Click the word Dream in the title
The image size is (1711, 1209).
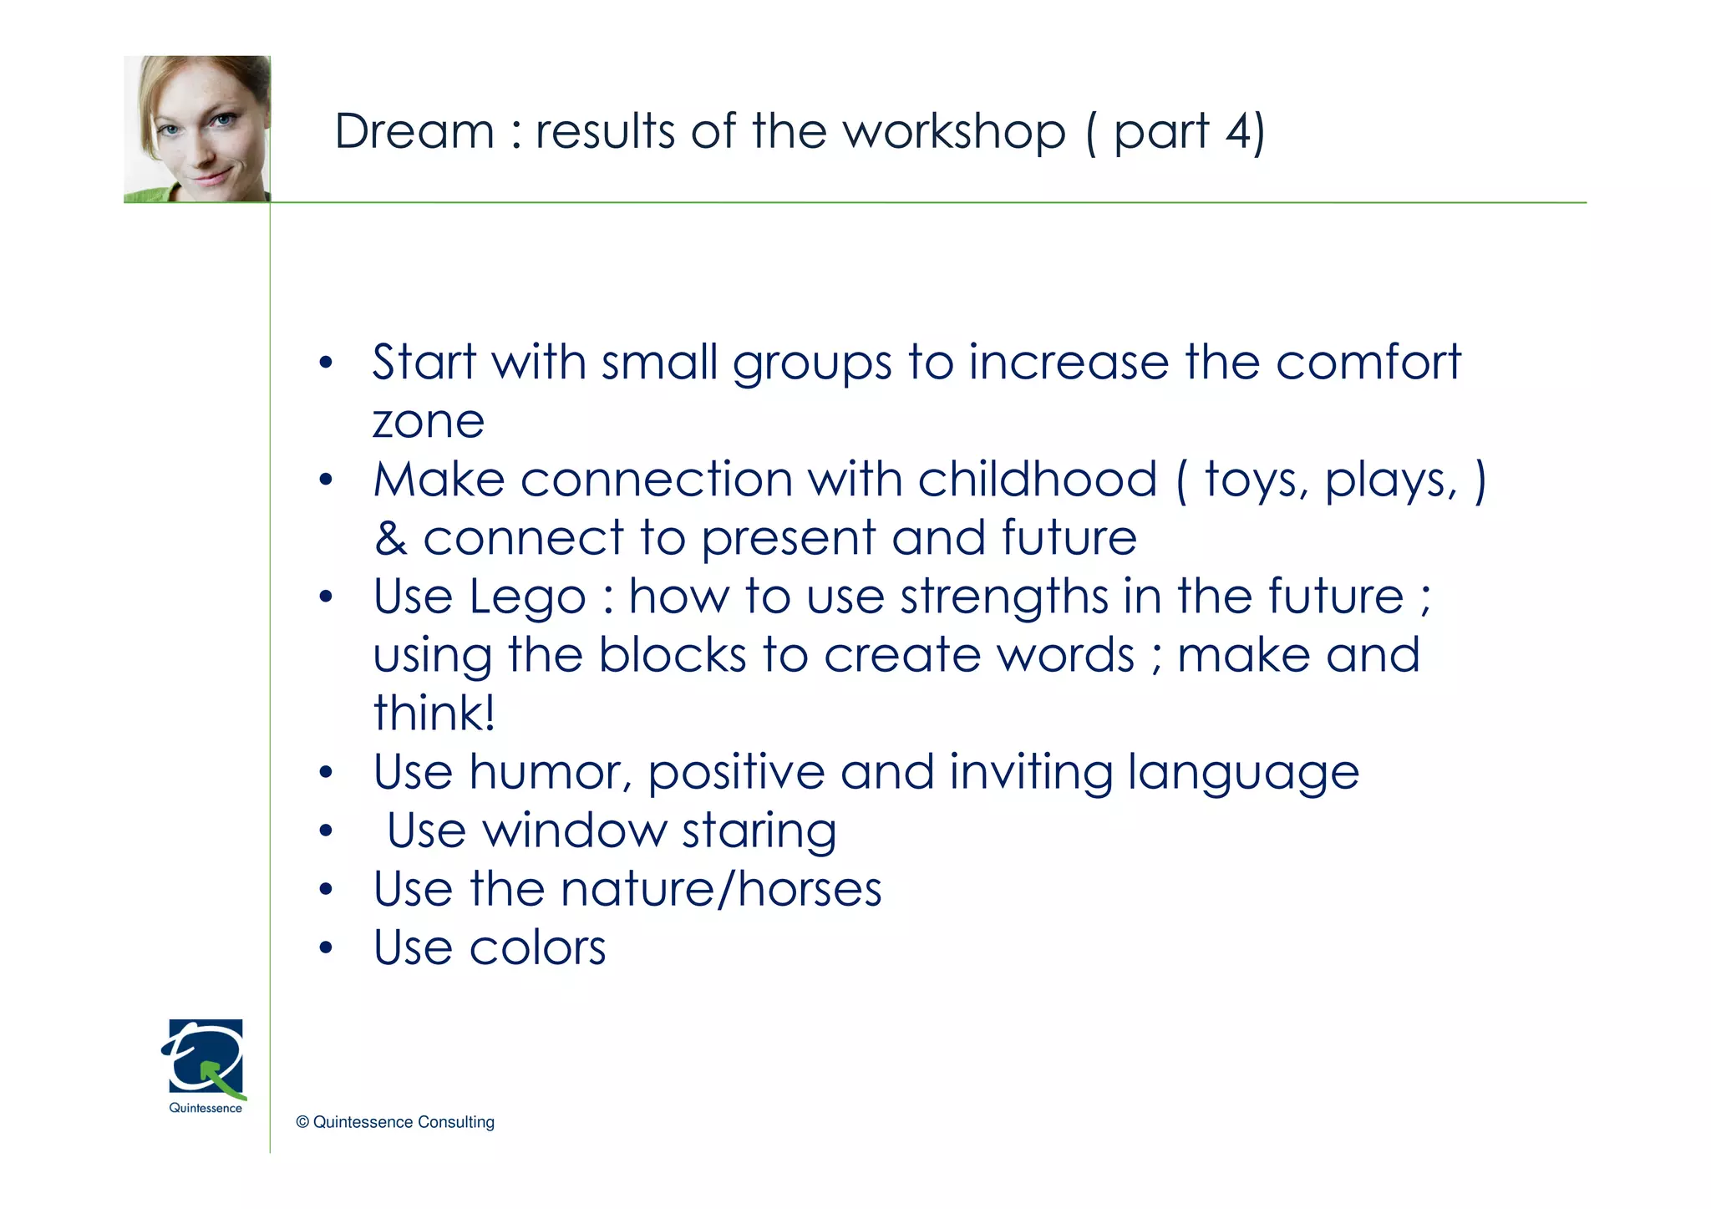point(414,132)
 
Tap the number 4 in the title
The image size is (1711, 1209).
point(1236,132)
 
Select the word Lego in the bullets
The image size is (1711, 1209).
point(527,598)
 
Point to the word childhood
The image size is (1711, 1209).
point(1037,480)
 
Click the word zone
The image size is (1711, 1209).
point(428,421)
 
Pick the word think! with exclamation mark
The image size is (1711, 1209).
point(434,714)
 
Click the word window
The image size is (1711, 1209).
point(575,831)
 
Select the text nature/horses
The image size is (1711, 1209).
point(721,889)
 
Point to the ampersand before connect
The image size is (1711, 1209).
point(390,539)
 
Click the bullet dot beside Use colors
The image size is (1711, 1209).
point(326,948)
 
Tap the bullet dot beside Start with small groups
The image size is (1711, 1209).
point(326,363)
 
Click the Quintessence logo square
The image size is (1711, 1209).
point(206,1057)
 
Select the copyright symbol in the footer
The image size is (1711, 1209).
point(302,1123)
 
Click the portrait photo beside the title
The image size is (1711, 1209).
point(197,129)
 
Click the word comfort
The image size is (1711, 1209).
point(1368,363)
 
